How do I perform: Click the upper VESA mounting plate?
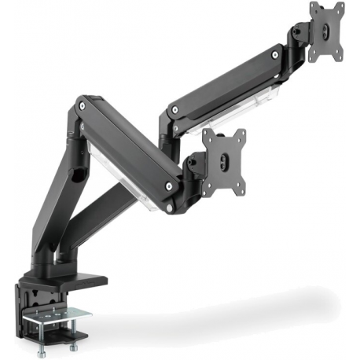tap(327, 30)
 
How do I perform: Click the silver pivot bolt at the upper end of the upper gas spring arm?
tap(273, 57)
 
